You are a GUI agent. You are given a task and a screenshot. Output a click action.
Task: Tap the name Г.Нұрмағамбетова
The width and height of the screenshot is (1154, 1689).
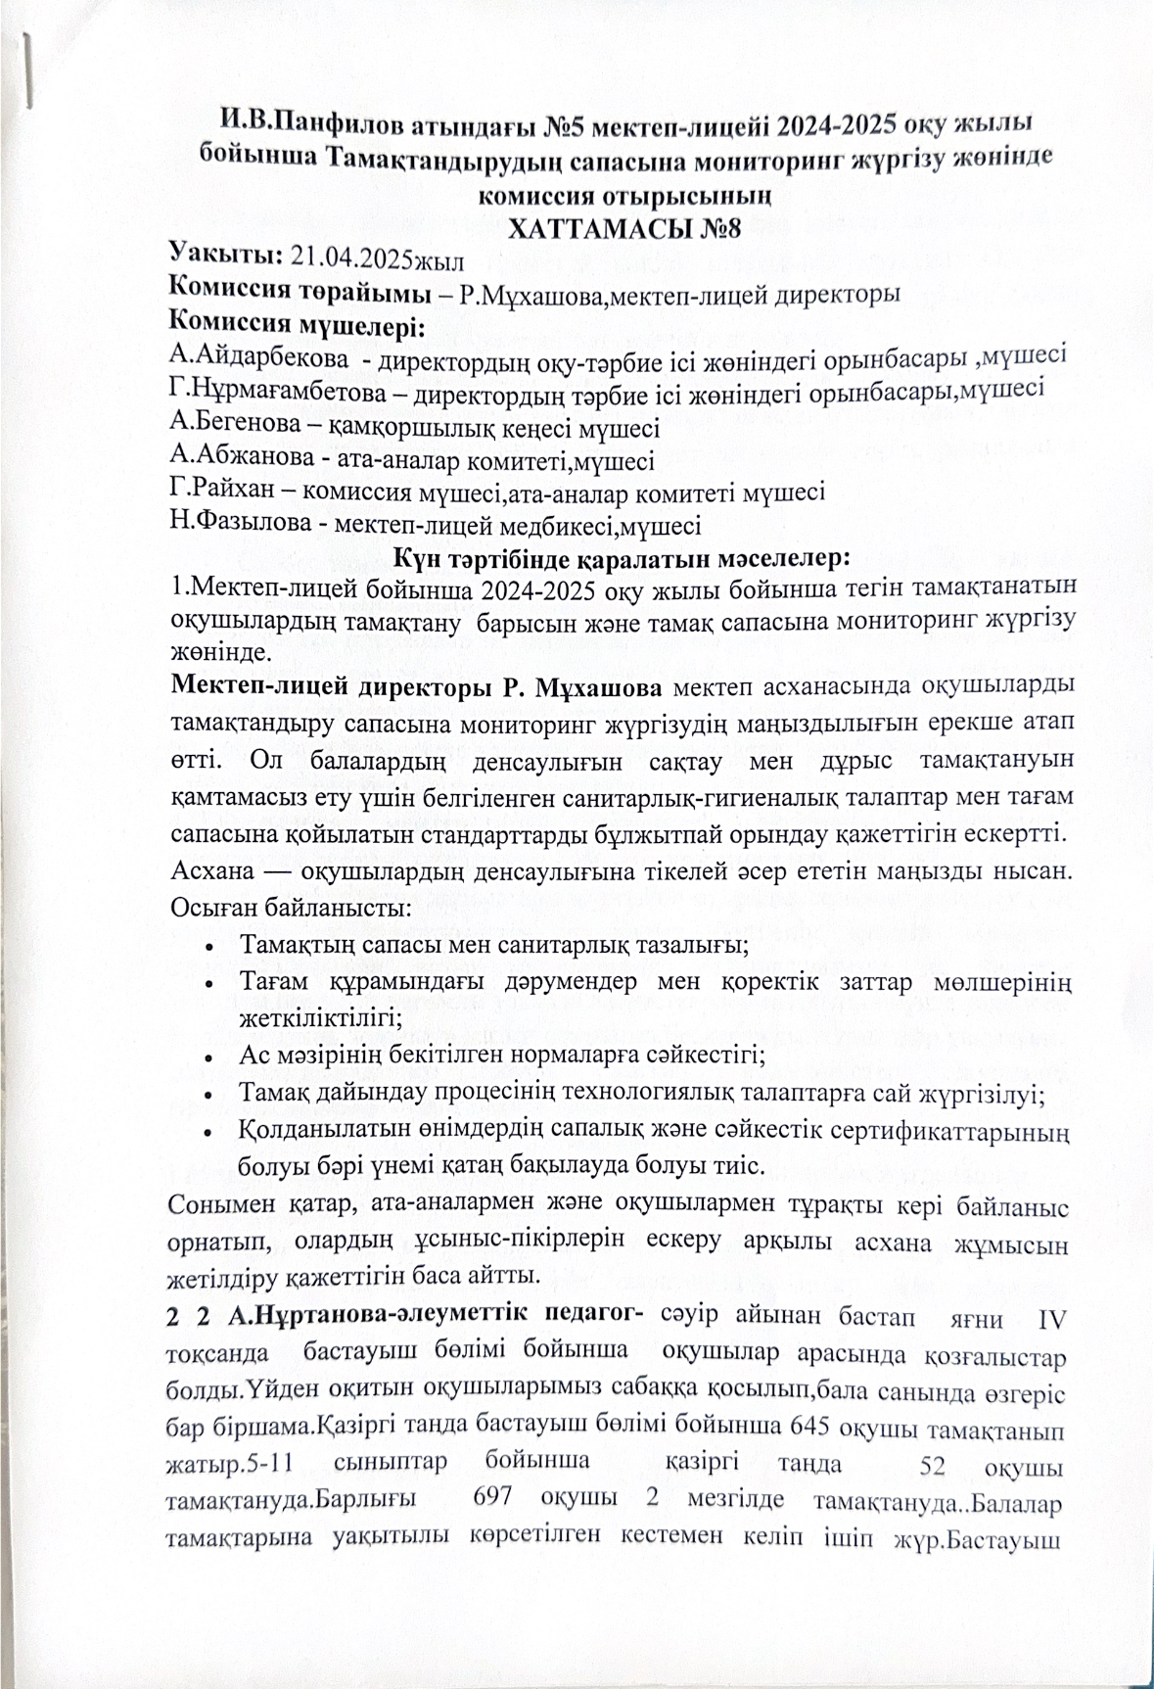(x=276, y=390)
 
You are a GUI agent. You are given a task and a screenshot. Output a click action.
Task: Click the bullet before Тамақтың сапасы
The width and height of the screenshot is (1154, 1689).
(x=212, y=947)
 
